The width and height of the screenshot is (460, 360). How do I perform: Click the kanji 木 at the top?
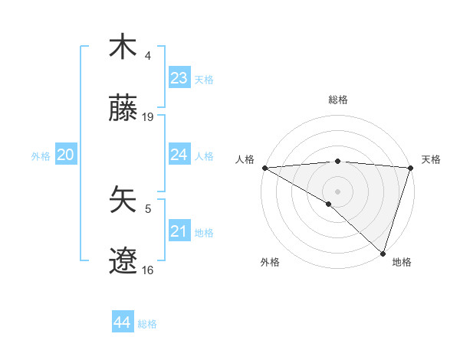123,47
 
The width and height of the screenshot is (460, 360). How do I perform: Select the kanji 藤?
123,109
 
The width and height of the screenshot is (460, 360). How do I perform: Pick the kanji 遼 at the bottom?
123,261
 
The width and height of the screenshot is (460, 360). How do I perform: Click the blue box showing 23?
179,77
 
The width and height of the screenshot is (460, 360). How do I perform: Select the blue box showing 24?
179,154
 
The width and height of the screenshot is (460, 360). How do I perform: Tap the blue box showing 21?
179,231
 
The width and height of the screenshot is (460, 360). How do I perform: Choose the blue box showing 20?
65,155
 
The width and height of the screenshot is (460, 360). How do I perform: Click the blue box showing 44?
122,322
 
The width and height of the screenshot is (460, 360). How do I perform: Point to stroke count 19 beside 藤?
148,117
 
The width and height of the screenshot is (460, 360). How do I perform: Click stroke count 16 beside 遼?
148,270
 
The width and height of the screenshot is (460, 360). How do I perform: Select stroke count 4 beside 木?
148,55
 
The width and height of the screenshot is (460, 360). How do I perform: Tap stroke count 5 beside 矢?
148,208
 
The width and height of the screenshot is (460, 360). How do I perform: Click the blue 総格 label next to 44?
147,324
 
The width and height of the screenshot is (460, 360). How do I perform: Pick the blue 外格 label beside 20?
41,155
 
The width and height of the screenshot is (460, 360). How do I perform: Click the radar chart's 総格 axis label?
337,100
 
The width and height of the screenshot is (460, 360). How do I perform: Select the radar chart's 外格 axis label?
269,262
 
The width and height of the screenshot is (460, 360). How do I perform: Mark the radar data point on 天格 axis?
410,168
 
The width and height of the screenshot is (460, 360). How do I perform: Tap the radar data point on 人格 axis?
264,168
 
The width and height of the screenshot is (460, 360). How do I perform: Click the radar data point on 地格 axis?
383,253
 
